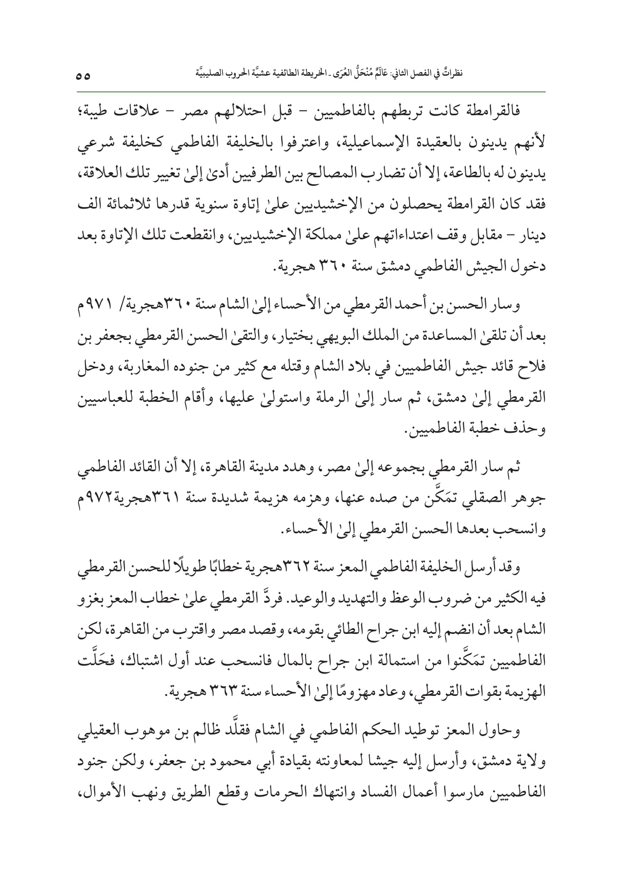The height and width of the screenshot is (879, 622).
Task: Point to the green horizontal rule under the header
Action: coord(311,91)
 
